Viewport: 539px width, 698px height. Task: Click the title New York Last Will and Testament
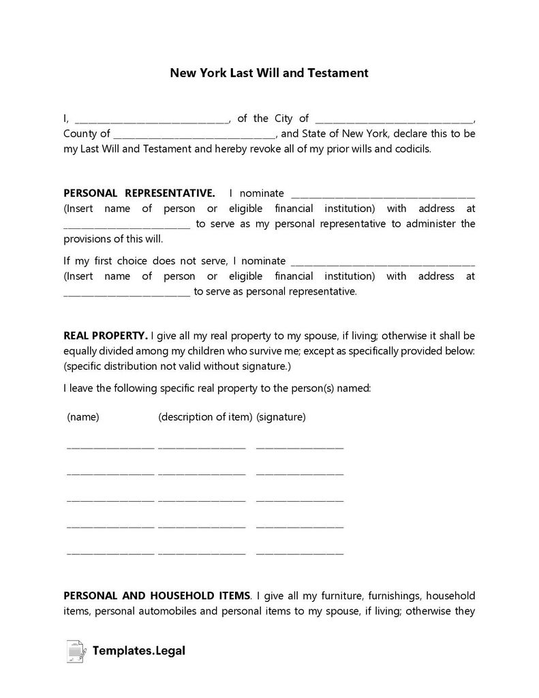[269, 72]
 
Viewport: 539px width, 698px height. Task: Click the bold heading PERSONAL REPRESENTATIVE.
[139, 194]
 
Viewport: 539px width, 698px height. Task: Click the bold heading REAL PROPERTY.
[105, 335]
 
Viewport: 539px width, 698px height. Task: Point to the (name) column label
[83, 417]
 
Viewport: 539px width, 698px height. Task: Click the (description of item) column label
[205, 417]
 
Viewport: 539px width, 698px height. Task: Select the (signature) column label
[281, 417]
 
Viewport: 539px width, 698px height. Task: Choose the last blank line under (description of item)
[201, 553]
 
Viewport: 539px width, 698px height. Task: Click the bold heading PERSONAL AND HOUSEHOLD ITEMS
[156, 596]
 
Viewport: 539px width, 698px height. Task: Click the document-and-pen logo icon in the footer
[76, 651]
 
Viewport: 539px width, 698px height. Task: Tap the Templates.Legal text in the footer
[140, 651]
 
